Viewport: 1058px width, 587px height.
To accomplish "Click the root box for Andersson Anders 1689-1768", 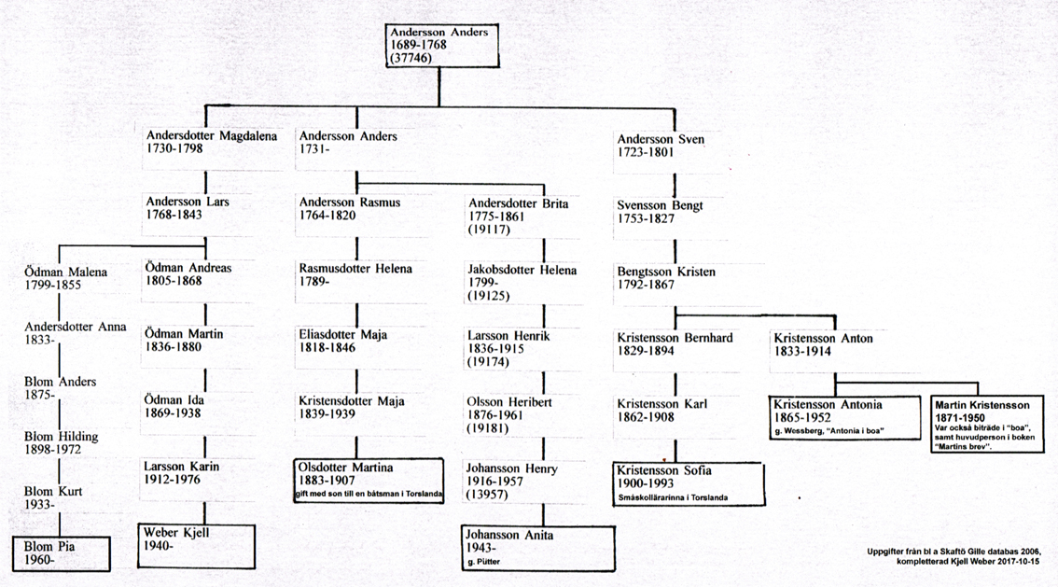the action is click(x=442, y=45).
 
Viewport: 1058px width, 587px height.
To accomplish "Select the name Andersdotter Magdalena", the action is click(x=212, y=135).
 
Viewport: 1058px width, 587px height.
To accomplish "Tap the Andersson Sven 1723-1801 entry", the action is click(x=661, y=146).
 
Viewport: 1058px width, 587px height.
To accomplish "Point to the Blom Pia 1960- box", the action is click(x=62, y=553).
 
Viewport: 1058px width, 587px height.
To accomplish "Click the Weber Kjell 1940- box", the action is click(x=196, y=546).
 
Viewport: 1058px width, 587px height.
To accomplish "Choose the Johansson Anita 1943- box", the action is click(x=538, y=548).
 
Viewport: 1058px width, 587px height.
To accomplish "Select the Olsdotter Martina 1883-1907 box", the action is click(x=369, y=481).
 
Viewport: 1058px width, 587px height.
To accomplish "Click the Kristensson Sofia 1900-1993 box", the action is click(x=689, y=483).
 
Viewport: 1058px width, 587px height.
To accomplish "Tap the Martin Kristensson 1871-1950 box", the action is click(x=987, y=425).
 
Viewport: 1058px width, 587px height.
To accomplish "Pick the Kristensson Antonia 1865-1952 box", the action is click(x=844, y=418).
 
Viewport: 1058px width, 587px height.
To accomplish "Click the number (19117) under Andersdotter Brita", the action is click(x=489, y=230).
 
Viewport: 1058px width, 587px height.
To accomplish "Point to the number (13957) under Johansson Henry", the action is click(x=487, y=495).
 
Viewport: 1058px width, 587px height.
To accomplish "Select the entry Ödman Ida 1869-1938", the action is click(x=174, y=407).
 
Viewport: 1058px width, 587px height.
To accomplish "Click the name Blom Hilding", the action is click(x=62, y=437).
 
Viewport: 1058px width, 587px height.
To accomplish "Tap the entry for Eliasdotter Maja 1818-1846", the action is click(x=342, y=341).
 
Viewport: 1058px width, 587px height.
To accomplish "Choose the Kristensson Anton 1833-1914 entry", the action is click(x=823, y=344).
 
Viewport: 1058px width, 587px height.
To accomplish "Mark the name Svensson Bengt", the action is click(x=660, y=205).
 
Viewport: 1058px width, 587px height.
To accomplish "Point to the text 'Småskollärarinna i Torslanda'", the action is click(x=673, y=498).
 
